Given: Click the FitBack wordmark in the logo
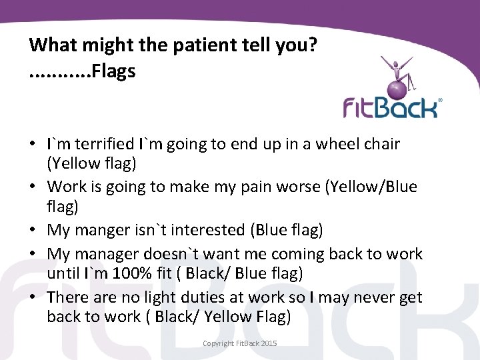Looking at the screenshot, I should [390, 107].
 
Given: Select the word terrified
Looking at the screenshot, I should [104, 144].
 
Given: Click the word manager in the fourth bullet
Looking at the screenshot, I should [103, 254].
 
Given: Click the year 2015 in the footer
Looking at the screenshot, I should [268, 343].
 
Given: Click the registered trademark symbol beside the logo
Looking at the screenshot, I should [439, 101].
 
